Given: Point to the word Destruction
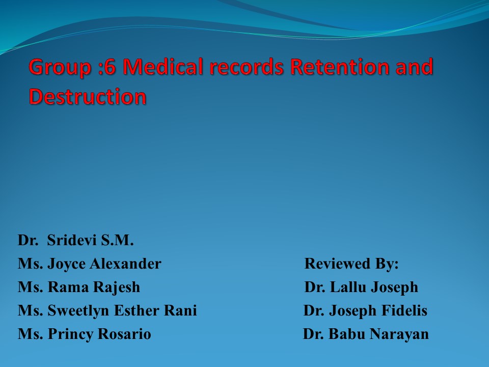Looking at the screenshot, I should tap(88, 96).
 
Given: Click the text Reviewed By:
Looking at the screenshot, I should tap(351, 264).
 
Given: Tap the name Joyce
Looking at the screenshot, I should tap(67, 264).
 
